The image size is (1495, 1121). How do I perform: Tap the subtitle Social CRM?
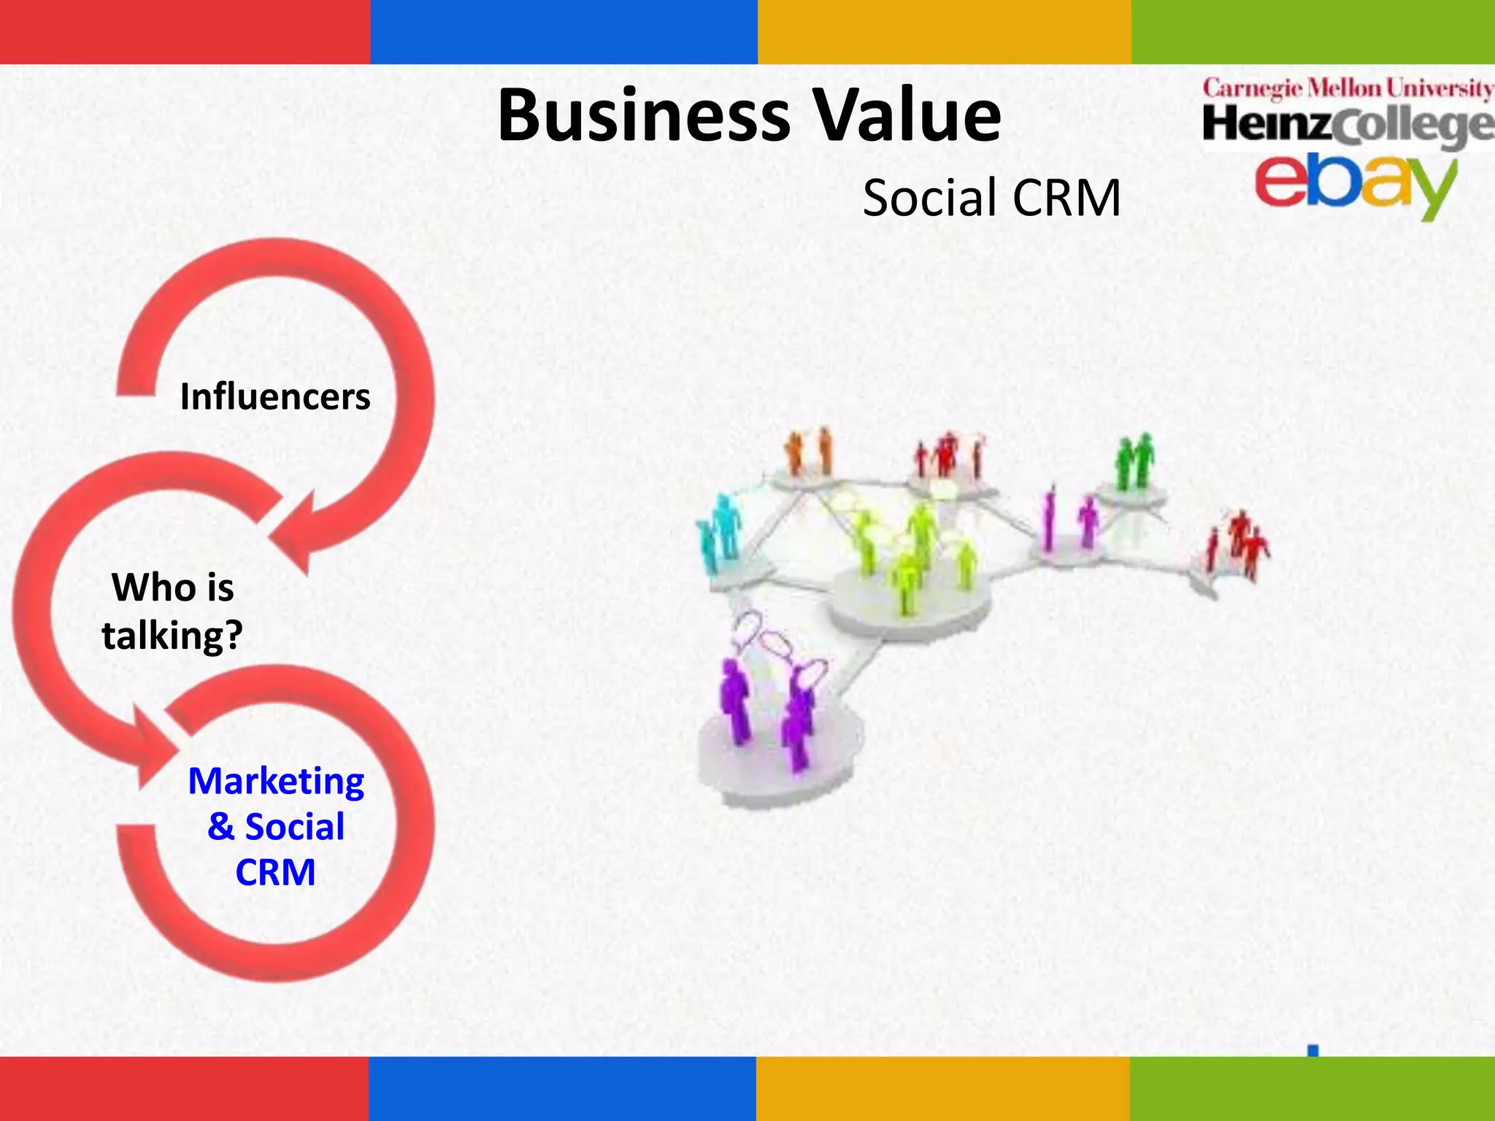tap(991, 198)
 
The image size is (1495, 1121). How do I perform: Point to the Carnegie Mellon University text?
tap(1348, 89)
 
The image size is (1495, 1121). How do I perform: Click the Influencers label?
tap(275, 397)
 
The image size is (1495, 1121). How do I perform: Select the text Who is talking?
tap(172, 611)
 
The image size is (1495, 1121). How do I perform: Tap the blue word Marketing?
tap(276, 781)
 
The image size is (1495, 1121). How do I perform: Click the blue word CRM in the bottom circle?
tap(275, 872)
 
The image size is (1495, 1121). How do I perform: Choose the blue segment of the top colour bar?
tap(564, 31)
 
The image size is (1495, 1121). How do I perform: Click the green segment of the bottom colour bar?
tap(1312, 1088)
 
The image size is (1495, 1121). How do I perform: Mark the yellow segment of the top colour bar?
tap(944, 31)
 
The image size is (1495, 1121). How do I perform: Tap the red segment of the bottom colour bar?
tap(184, 1088)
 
